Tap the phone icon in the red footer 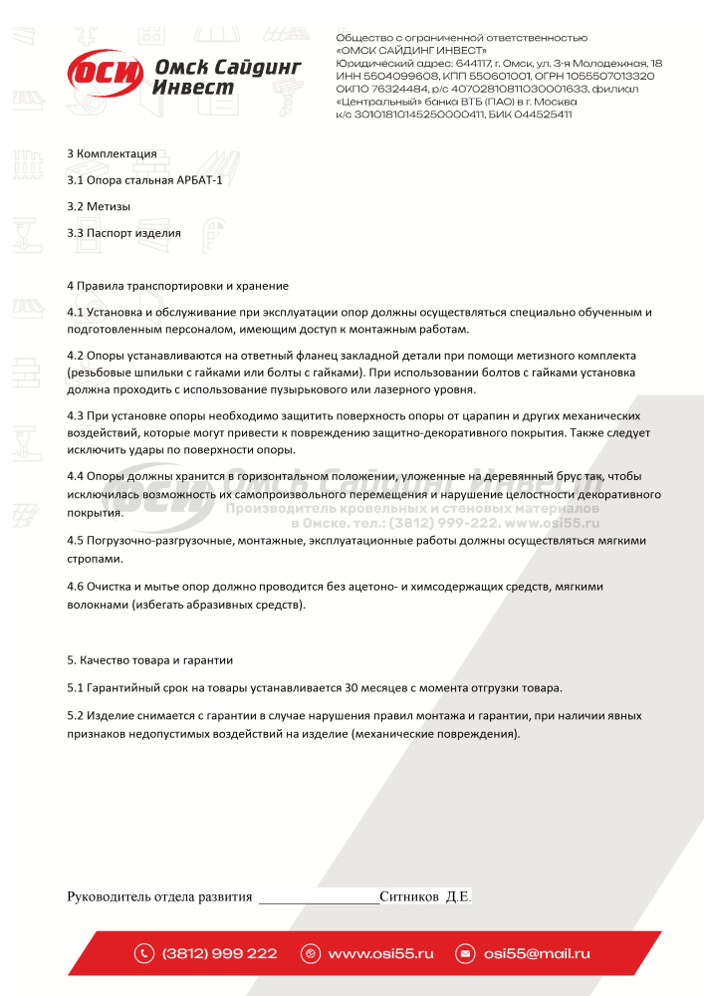pos(144,953)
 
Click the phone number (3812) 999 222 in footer pos(219,953)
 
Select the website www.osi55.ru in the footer pos(380,953)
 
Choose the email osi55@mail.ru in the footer pos(537,953)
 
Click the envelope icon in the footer pos(464,953)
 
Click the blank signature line pos(319,898)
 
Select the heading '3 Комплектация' pos(112,153)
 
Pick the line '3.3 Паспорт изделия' pos(123,233)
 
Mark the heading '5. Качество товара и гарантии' pos(150,660)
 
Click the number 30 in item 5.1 pos(352,687)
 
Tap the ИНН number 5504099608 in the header pos(398,76)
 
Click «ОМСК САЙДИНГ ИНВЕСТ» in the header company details pos(412,50)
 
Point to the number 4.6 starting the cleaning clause pos(75,587)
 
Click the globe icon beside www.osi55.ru pos(310,953)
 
